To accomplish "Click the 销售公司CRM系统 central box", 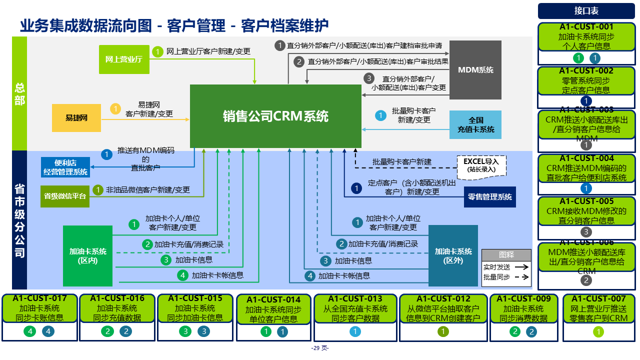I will click(275, 116).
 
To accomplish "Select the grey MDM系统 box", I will click(475, 69).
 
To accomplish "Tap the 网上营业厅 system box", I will click(124, 59).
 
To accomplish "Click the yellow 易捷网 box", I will click(76, 118).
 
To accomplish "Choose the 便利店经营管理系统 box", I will click(65, 167).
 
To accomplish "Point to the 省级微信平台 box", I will click(64, 196).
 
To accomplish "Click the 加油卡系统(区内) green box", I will click(87, 255).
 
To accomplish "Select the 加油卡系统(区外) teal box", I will click(453, 255).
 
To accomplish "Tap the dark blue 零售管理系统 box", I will click(489, 197).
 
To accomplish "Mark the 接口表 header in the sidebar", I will click(586, 11).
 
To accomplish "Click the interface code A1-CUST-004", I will click(586, 158).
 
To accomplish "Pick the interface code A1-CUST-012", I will click(443, 299).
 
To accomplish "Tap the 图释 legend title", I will click(506, 254).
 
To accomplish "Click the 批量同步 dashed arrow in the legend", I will click(521, 277).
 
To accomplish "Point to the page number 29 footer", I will click(319, 348).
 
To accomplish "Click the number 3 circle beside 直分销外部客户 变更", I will click(368, 78).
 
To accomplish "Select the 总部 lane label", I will click(19, 93).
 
